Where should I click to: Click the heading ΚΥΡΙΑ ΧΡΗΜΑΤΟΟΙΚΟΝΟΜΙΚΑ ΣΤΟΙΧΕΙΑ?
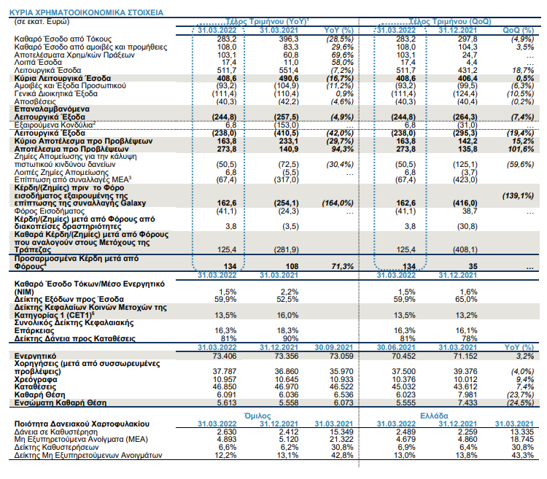pos(86,13)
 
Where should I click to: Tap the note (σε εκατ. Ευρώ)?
pos(42,22)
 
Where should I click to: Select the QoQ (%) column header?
pos(518,31)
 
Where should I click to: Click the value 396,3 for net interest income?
pos(289,39)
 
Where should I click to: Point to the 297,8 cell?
pos(468,39)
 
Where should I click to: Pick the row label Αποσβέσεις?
pos(35,102)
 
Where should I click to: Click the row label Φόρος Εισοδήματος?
pos(49,211)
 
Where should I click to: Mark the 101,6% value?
pos(521,149)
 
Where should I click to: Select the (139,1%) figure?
pos(518,195)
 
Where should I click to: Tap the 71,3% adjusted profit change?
pos(342,266)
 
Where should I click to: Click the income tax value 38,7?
pos(470,211)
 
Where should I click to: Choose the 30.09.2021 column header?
pos(334,348)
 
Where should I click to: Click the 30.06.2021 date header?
pos(396,348)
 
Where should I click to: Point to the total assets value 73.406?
pos(225,356)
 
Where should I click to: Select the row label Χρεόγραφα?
pos(36,379)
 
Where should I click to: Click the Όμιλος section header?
pos(257,416)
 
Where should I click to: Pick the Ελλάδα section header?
pos(435,416)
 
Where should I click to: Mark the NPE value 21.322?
pos(341,439)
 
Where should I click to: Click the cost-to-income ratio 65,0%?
pos(466,300)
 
